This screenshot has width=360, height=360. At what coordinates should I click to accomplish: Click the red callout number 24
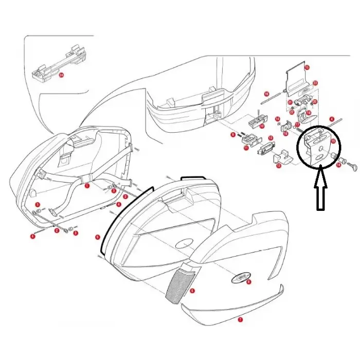(61, 75)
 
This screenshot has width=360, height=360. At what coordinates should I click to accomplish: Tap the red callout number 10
(262, 125)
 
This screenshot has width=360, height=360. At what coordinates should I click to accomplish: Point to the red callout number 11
(246, 148)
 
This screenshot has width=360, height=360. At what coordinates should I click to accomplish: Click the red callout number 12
(271, 138)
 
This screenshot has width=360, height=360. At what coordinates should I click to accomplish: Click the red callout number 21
(290, 102)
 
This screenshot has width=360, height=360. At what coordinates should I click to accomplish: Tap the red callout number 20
(315, 102)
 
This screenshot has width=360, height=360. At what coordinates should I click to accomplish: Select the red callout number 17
(297, 124)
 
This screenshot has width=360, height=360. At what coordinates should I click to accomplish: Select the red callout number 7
(239, 319)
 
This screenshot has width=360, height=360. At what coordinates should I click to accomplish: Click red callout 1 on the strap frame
(87, 185)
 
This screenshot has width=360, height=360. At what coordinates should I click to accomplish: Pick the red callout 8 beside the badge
(249, 282)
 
